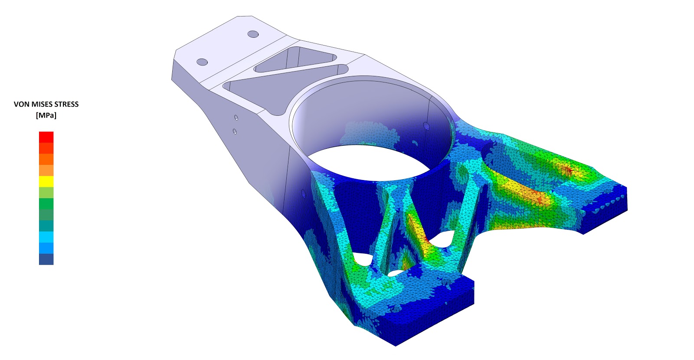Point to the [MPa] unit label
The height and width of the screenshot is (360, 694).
(46, 115)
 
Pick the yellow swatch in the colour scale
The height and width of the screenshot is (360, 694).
(46, 181)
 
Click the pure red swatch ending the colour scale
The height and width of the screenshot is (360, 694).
(46, 137)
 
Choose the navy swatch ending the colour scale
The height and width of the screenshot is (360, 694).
(46, 259)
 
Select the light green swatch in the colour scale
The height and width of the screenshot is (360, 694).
(46, 193)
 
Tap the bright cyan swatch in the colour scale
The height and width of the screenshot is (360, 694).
(46, 237)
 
